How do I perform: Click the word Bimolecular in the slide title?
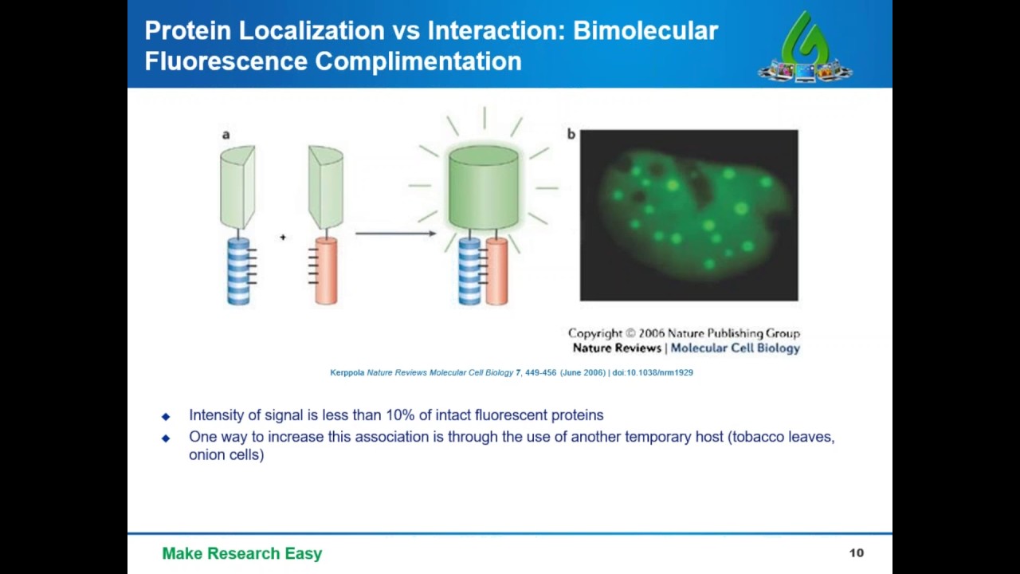(645, 31)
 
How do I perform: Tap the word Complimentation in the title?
(418, 61)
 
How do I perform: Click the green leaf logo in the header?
(805, 47)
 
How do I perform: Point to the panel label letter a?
(226, 135)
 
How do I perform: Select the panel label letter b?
(571, 134)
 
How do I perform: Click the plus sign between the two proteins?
(283, 237)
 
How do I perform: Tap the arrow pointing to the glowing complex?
(395, 234)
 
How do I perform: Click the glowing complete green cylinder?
(484, 187)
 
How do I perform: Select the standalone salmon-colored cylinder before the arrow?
(326, 270)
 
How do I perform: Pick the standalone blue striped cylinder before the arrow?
(238, 270)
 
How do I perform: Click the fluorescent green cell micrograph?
(689, 215)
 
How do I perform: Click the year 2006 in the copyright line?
(652, 333)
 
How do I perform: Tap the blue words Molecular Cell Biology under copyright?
(735, 348)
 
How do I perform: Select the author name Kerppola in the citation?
(347, 372)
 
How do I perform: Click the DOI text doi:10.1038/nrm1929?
(653, 372)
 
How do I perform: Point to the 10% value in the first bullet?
(399, 415)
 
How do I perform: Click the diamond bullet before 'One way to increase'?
(166, 438)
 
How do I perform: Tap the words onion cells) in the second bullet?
(226, 454)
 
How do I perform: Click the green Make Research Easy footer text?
(241, 553)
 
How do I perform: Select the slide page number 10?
(856, 553)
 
